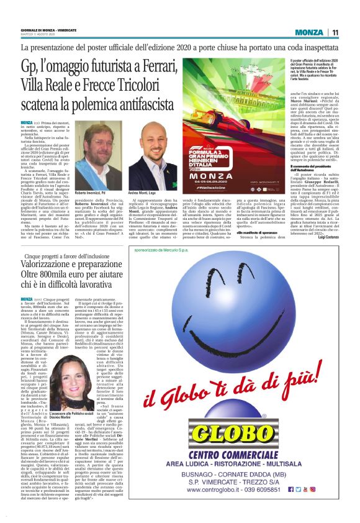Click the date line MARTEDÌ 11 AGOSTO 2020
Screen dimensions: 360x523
[38, 35]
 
